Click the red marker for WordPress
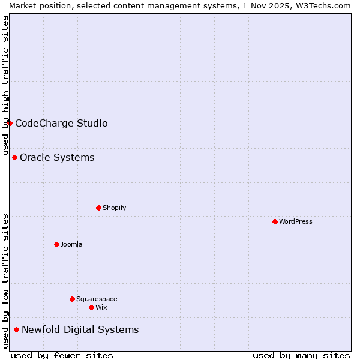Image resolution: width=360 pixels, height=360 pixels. click(275, 221)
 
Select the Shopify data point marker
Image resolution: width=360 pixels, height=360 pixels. click(98, 208)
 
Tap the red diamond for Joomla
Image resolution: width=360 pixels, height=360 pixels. click(56, 244)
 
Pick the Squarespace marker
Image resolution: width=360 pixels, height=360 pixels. click(72, 299)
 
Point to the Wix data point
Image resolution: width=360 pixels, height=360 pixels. click(91, 307)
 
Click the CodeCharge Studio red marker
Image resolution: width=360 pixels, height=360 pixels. click(10, 123)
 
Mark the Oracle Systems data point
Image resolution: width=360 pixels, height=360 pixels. click(14, 157)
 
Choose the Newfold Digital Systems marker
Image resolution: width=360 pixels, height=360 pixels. click(16, 329)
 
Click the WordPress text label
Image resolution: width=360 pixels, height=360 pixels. click(296, 221)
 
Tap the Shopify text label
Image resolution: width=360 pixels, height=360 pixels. click(114, 208)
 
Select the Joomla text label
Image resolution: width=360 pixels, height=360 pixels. click(71, 244)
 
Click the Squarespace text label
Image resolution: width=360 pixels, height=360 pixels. click(97, 299)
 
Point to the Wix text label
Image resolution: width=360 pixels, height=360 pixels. click(101, 307)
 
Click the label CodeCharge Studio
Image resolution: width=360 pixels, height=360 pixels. click(61, 124)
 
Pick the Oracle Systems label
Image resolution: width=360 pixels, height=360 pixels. click(57, 158)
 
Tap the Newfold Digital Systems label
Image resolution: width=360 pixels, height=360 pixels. click(80, 330)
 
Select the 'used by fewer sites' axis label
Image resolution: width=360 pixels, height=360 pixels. click(62, 355)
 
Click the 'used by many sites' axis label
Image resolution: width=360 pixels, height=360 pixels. click(301, 355)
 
